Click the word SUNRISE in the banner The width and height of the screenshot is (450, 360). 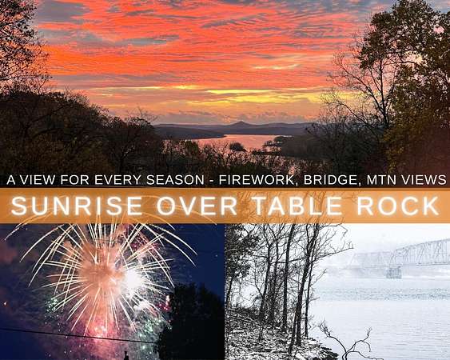pos(77,206)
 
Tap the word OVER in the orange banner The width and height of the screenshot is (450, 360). pos(197,206)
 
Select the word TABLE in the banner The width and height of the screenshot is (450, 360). pos(297,206)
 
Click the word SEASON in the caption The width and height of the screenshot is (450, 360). pos(175,180)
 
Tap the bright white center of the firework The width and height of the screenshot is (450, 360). pos(133,278)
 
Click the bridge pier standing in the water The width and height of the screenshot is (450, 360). pos(393,272)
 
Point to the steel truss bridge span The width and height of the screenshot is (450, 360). pos(402,254)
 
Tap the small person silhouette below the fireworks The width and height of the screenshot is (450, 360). pos(125,355)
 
